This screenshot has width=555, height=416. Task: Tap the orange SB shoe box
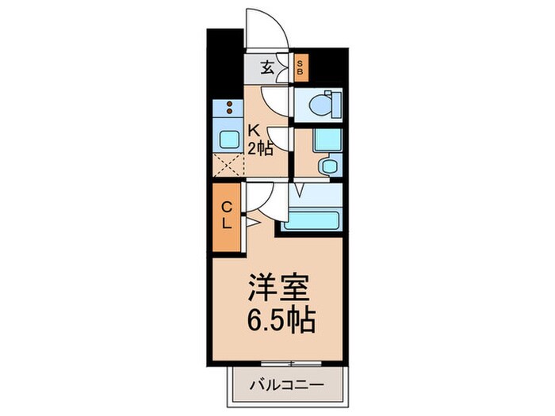300,67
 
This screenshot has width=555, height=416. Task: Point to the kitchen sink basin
228,139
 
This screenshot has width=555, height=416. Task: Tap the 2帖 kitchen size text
262,147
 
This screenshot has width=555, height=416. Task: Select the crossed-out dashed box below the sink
228,166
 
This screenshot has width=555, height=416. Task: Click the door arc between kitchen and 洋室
262,198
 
